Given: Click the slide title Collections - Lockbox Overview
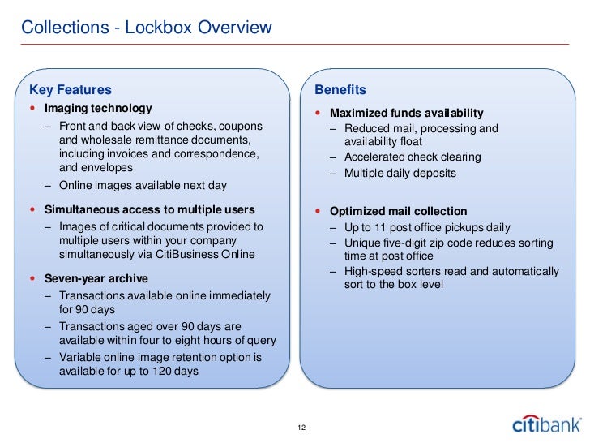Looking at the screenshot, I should tap(146, 28).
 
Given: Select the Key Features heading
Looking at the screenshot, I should tap(70, 89).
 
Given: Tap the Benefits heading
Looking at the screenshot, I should tap(340, 89).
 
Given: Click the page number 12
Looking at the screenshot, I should tap(302, 428).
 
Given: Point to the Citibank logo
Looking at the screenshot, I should tap(546, 424).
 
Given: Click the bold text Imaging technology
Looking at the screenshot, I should tap(98, 108).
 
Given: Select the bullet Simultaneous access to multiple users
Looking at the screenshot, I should tap(149, 210).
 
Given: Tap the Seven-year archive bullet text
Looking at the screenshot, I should tap(96, 278).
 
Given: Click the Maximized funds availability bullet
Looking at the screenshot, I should tap(406, 113).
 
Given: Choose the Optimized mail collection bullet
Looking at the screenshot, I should tap(398, 211).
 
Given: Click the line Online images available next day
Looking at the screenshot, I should tap(143, 186).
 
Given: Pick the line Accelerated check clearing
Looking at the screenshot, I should tap(413, 157).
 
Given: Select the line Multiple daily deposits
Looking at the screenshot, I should tap(400, 173).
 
